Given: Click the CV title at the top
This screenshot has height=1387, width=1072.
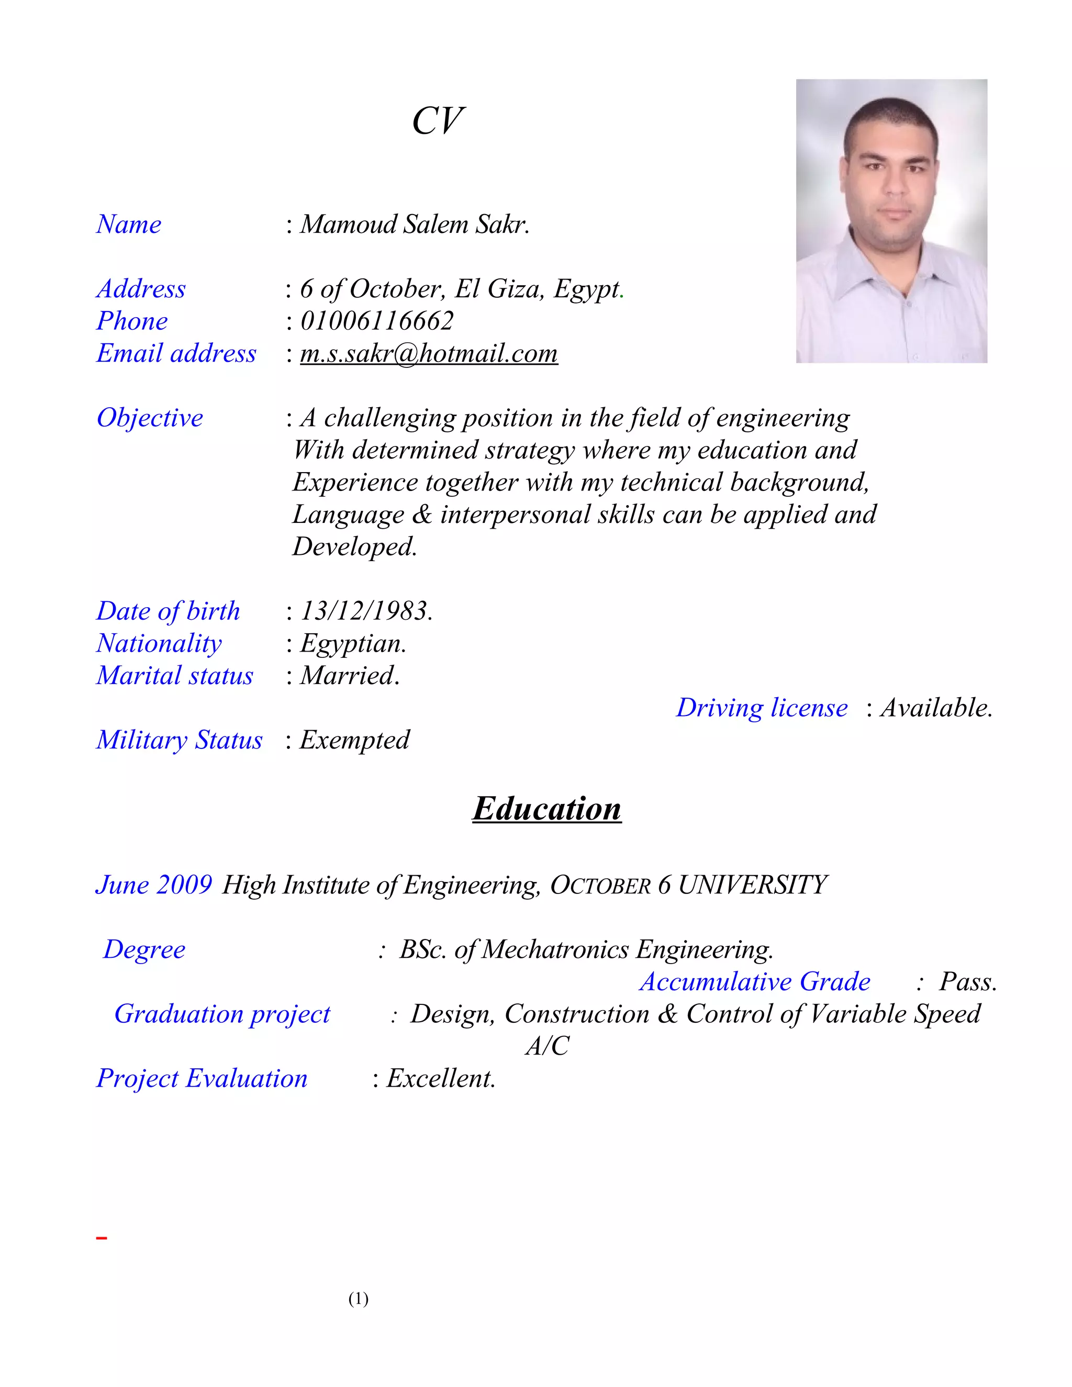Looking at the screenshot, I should pos(438,121).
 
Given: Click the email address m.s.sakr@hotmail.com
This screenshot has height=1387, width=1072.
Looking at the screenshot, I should pos(429,354).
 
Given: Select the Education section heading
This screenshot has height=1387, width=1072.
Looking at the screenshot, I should pos(547,809).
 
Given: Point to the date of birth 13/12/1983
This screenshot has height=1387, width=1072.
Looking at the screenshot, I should pos(366,611).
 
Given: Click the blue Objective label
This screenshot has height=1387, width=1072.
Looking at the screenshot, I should pos(150,418).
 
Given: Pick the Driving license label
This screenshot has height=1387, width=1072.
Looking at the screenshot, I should pos(762,708).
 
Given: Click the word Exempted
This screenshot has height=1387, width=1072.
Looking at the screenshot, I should pos(354,741).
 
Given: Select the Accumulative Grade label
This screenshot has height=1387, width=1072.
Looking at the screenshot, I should pos(754,982).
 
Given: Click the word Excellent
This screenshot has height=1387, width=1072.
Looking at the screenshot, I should pos(441,1079).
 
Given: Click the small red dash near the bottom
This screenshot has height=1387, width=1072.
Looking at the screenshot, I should pos(102,1238).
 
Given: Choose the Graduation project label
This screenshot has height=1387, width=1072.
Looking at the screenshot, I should pos(222,1014).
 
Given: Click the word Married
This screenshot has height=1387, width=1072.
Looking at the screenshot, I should pos(349,676).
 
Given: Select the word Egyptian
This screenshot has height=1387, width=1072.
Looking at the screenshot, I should pos(352,644).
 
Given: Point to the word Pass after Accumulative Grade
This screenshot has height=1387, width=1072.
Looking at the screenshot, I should pos(967,982).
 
